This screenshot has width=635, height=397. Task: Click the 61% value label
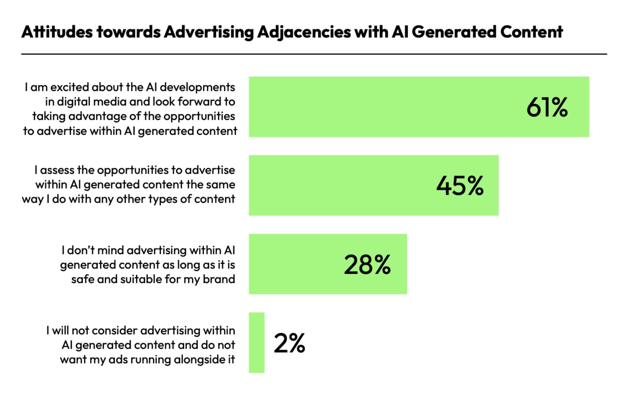(x=547, y=107)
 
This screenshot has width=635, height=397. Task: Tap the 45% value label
(x=460, y=186)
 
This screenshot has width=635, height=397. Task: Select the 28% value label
(x=367, y=265)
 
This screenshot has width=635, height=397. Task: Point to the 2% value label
(x=289, y=343)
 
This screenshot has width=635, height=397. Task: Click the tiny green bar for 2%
(x=256, y=342)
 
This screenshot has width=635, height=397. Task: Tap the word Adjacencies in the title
(x=304, y=32)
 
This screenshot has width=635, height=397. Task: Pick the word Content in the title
(x=531, y=32)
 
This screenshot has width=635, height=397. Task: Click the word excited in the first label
(x=69, y=87)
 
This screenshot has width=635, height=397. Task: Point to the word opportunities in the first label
(x=199, y=116)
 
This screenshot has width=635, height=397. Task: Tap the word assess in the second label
(x=57, y=170)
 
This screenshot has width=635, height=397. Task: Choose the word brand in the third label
(x=219, y=279)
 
